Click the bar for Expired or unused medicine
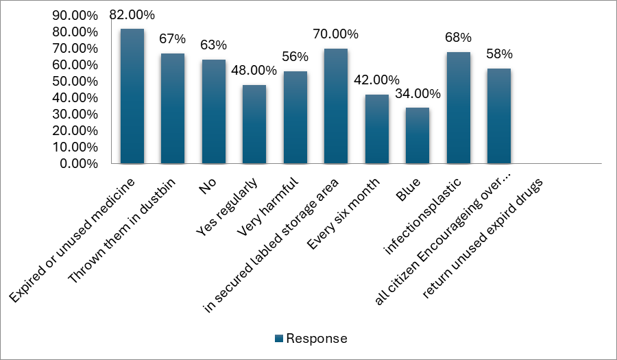tap(132, 96)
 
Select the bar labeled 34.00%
tap(418, 136)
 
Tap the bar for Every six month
tap(376, 129)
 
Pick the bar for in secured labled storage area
tap(336, 106)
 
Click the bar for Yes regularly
tap(254, 124)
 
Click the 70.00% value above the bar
tap(335, 34)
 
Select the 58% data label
tap(499, 54)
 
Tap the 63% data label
tap(213, 45)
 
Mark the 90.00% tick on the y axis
tap(78, 16)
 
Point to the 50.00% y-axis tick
tap(78, 82)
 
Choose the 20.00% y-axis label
tap(78, 131)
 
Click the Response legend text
tap(316, 339)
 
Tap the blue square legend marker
tap(278, 339)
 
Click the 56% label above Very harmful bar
tap(295, 57)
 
